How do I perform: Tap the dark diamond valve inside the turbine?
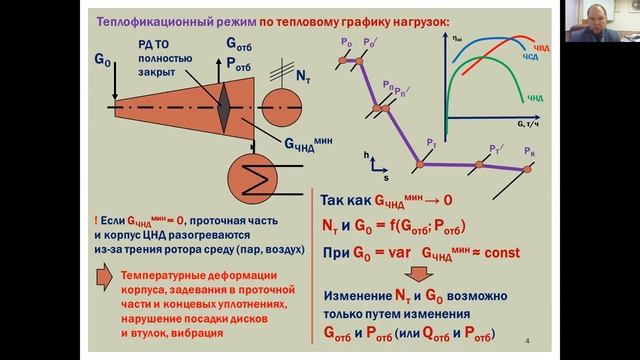225,104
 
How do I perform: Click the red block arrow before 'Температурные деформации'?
103,278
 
